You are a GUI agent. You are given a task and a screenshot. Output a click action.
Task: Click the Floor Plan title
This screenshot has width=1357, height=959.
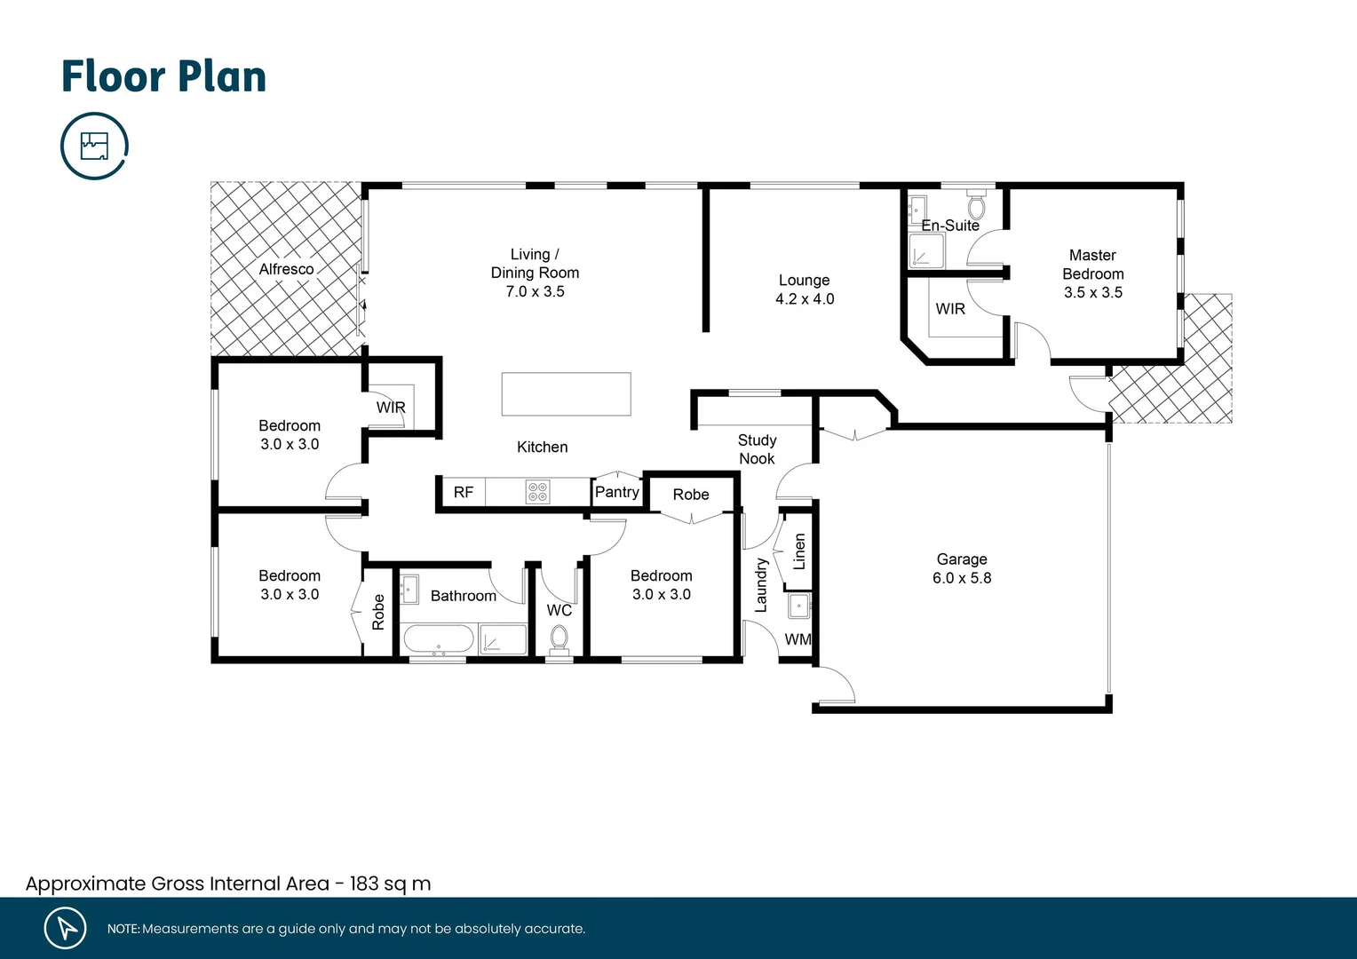tap(163, 76)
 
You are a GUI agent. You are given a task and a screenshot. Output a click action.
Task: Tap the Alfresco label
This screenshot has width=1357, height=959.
tap(286, 269)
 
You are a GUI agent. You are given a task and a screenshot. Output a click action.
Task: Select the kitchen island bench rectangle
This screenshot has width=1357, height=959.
tap(566, 394)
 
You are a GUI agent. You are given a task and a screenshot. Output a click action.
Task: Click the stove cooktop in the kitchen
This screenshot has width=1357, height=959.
tap(537, 492)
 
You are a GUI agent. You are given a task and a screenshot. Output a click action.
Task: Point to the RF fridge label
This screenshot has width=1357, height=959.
tap(463, 493)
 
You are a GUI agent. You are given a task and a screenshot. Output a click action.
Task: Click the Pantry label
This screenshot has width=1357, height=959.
tap(616, 492)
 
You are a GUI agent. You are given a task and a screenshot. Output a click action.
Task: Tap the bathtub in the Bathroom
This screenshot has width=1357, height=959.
tap(439, 639)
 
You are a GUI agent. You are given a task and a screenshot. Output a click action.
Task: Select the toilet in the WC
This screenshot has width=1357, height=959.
tap(559, 638)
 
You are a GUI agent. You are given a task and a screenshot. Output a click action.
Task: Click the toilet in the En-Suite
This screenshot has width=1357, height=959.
tap(976, 207)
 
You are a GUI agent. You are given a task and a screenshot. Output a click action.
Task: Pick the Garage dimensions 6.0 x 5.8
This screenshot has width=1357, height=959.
tap(962, 578)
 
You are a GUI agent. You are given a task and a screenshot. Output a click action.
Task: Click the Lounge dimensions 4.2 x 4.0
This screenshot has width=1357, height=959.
tap(805, 299)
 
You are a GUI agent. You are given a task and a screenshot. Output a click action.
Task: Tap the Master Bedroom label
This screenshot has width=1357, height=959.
tap(1092, 265)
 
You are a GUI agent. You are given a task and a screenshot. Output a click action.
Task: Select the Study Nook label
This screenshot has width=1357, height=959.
tap(757, 449)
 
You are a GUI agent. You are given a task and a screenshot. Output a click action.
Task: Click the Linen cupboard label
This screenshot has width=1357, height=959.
tap(799, 551)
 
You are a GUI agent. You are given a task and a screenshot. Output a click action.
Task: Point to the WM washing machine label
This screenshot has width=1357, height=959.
tap(798, 639)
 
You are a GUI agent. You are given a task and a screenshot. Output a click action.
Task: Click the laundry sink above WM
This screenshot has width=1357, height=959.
tap(799, 606)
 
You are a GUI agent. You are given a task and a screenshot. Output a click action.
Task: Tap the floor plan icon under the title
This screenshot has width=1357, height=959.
tap(94, 146)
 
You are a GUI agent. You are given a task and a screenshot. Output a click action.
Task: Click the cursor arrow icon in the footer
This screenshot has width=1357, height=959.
tap(66, 928)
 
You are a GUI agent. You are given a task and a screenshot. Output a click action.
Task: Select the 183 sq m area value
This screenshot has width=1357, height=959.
tap(390, 884)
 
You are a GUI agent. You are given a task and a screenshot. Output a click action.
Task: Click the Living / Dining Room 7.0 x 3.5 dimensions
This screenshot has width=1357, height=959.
tap(535, 291)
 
